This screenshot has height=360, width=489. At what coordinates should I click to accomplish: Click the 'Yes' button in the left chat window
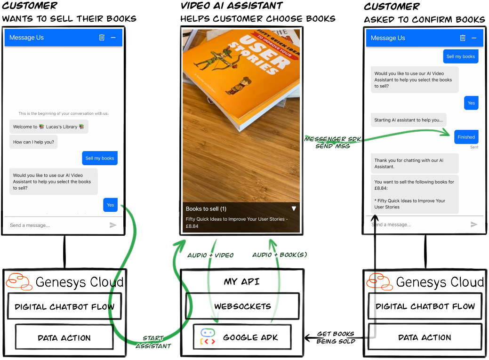click(x=111, y=205)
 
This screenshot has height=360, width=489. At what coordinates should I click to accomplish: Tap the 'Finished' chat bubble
click(x=466, y=137)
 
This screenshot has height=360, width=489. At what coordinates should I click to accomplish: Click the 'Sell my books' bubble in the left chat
click(x=100, y=158)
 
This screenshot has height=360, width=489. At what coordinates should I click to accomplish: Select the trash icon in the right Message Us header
click(x=463, y=38)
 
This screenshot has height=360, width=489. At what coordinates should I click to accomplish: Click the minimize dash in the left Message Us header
click(x=113, y=38)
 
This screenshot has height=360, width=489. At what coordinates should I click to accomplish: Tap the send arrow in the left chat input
click(x=113, y=225)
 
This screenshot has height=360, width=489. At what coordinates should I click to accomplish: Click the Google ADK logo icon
click(x=208, y=336)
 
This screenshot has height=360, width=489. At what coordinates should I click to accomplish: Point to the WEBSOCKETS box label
click(x=243, y=306)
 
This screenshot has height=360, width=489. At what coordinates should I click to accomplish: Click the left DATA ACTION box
click(x=64, y=337)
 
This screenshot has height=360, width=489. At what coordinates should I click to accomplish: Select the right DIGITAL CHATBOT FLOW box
click(x=425, y=306)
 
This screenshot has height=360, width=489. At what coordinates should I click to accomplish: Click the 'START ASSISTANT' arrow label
click(x=153, y=342)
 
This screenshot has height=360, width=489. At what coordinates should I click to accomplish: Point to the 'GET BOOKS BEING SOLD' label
click(x=336, y=337)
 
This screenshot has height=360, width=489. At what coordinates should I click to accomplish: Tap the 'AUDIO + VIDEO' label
click(x=210, y=255)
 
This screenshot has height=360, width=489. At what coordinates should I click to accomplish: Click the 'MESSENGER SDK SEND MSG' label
click(x=333, y=142)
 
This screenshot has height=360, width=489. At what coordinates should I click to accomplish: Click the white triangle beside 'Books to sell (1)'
click(x=294, y=208)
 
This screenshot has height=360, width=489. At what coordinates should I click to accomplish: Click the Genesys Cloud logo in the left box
click(x=19, y=282)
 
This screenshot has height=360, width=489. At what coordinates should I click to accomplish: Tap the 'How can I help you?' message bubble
click(x=33, y=142)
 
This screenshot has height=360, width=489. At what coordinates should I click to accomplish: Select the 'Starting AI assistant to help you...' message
click(x=409, y=120)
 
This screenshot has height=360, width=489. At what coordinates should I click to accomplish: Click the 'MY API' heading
click(x=242, y=282)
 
